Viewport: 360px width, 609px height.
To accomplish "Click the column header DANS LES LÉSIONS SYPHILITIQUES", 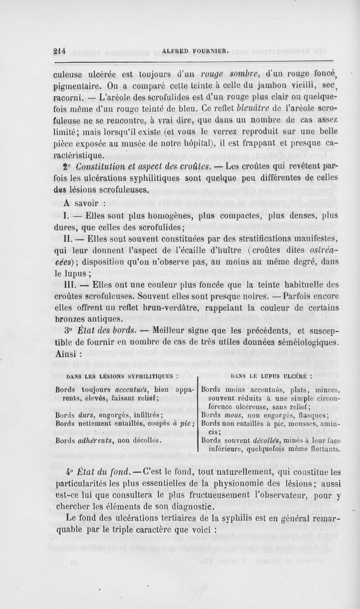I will (123, 372).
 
